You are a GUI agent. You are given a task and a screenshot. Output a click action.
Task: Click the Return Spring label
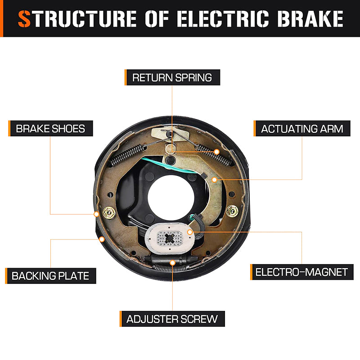[172, 77]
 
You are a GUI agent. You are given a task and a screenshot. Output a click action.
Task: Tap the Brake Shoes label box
[50, 128]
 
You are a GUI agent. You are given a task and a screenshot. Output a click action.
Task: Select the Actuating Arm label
[302, 128]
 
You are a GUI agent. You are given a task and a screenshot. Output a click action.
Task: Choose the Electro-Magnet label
[301, 272]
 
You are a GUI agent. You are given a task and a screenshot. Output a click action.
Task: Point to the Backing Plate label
[50, 276]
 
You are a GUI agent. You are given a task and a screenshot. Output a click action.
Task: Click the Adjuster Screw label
[172, 319]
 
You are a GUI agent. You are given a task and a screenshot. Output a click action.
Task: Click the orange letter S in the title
[24, 19]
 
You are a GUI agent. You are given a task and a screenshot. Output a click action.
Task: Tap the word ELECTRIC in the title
[223, 19]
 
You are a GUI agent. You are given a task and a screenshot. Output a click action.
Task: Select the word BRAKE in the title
[310, 19]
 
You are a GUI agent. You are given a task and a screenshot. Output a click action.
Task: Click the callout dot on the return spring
[216, 152]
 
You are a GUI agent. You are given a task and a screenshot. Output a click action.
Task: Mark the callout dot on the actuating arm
[214, 180]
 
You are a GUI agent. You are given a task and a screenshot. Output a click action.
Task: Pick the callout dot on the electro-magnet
[189, 232]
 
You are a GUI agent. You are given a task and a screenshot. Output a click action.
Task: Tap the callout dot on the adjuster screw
[172, 263]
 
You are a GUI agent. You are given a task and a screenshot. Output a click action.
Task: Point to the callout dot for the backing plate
[102, 239]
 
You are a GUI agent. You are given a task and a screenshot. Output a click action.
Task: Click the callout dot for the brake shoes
[96, 214]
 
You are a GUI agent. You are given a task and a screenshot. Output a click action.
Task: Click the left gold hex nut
[109, 213]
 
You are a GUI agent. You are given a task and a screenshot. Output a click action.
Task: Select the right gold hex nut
[232, 211]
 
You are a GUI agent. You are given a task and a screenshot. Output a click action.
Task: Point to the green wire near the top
[169, 166]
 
